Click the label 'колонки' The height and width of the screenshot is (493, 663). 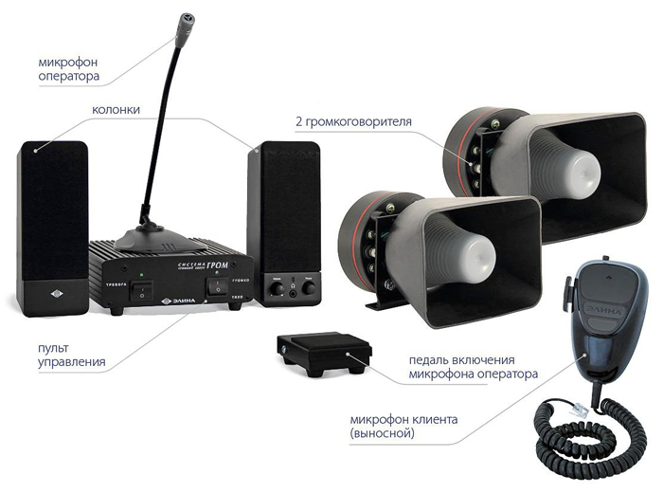(x=116, y=110)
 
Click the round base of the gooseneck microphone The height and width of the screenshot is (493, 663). (x=153, y=230)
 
